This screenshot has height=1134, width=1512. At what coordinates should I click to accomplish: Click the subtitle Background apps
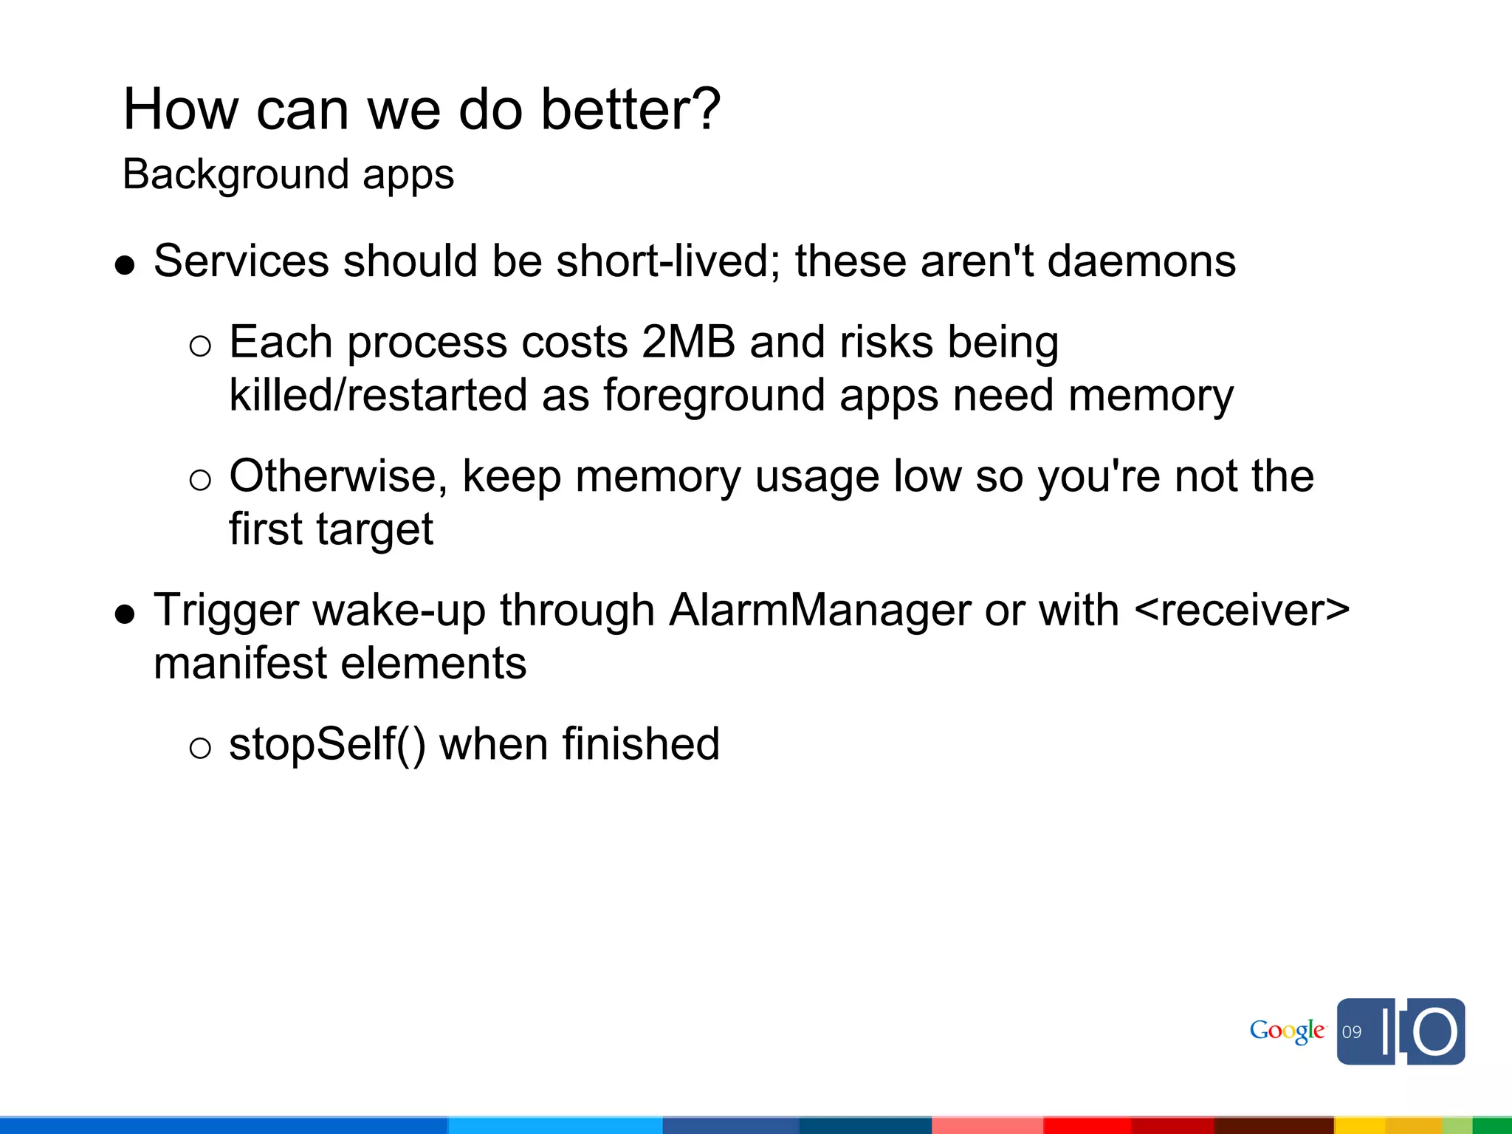point(288,175)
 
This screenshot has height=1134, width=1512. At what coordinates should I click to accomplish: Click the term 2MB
point(688,343)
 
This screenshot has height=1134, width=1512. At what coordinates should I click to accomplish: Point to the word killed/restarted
point(378,395)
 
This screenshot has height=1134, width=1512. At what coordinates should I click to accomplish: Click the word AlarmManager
point(819,611)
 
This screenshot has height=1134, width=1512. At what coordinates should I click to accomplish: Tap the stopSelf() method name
point(327,744)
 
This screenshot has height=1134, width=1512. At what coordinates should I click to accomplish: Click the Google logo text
point(1287,1031)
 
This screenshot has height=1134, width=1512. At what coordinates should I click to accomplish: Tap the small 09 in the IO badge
point(1352,1032)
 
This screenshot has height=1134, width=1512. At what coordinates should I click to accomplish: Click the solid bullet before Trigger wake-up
point(126,614)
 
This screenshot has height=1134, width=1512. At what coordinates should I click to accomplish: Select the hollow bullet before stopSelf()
point(200,749)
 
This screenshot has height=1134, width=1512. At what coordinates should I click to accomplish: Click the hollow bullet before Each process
point(200,346)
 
